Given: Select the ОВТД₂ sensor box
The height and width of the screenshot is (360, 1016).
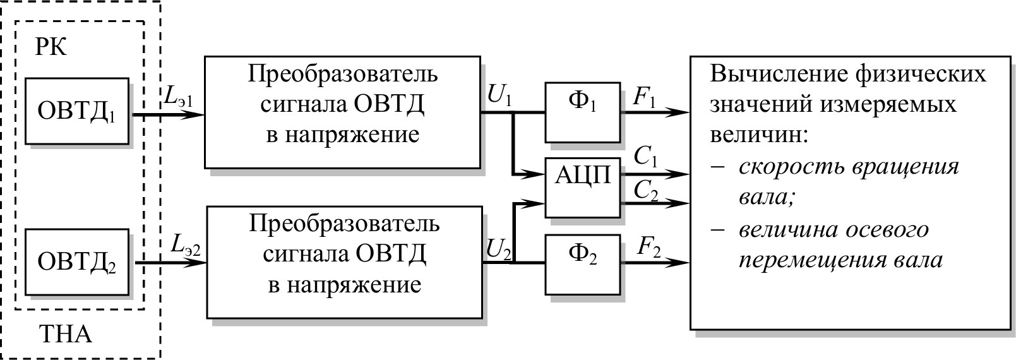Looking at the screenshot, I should point(77,262).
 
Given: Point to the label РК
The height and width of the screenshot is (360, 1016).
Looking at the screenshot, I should point(52,48).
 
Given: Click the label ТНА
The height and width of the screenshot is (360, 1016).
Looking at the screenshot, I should point(66,333).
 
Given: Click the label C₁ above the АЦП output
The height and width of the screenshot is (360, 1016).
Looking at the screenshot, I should point(645,158).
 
